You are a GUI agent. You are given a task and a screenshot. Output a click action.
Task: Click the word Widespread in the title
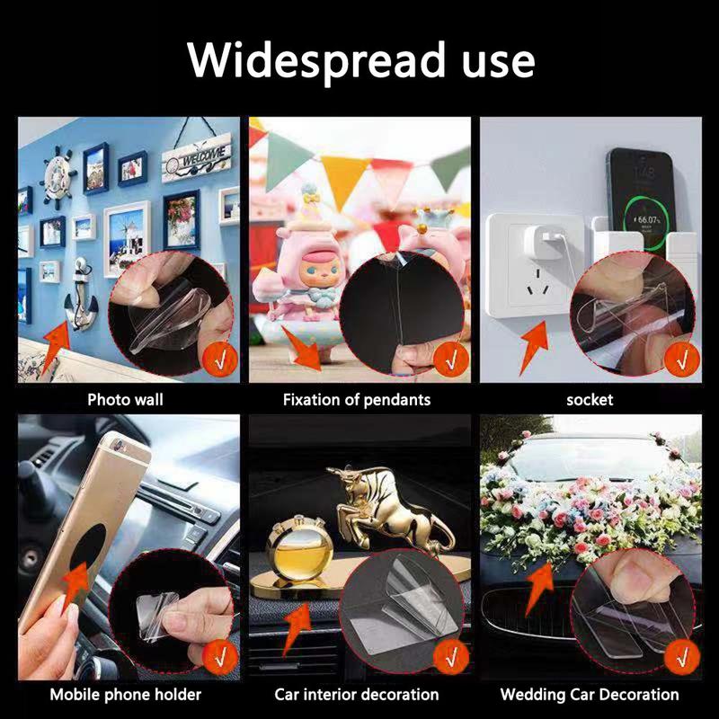pos(316,61)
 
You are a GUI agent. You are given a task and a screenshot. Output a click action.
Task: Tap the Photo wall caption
pos(125,399)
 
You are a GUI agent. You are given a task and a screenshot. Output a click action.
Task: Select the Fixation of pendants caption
pos(357,400)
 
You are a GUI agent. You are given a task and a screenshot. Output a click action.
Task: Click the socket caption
pos(590,400)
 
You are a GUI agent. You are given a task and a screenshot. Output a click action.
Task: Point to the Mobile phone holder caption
pos(126,694)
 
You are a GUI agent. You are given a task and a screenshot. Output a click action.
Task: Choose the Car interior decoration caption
pos(357,694)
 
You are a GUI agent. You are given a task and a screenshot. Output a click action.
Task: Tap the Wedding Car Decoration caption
pos(590,694)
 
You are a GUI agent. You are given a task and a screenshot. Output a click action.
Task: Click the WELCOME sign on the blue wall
pos(197,157)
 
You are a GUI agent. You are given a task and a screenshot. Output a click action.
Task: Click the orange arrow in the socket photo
pos(535,346)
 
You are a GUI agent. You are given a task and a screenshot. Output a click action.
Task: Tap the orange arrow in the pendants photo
pos(303,350)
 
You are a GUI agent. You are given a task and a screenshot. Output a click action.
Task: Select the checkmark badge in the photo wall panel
pos(220,359)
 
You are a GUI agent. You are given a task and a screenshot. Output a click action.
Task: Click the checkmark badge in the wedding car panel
pos(682,657)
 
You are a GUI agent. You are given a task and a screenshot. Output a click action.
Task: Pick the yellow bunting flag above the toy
pos(343,180)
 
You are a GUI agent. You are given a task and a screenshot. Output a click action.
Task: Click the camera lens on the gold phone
pos(119,444)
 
